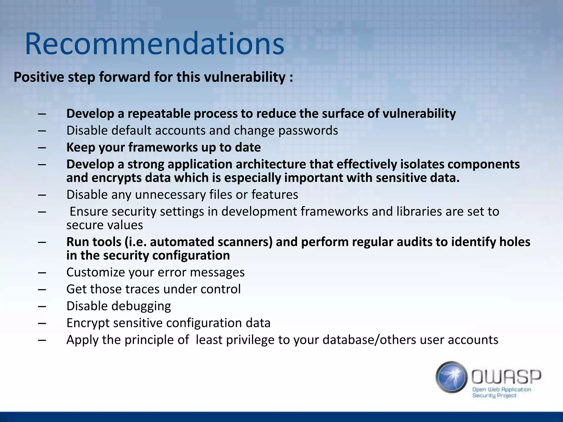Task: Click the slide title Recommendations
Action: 154,44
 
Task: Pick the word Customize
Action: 95,273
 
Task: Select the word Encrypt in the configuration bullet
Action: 88,323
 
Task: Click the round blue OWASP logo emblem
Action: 451,377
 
